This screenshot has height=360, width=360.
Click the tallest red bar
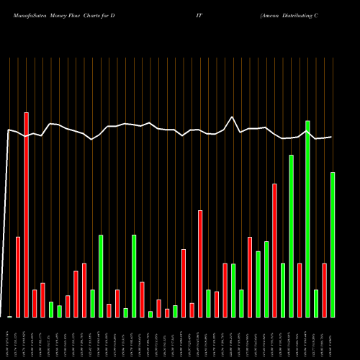point(27,215)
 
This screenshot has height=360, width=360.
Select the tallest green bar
point(307,219)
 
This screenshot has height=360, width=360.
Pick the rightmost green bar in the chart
point(333,245)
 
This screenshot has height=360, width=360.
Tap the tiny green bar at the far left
point(10,316)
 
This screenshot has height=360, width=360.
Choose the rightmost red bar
point(324,290)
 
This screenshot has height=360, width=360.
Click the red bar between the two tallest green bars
point(299,290)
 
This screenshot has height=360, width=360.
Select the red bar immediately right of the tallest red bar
point(35,303)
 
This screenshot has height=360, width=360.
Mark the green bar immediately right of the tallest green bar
point(316,303)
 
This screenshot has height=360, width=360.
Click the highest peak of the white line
point(233,117)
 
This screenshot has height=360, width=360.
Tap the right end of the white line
point(332,137)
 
